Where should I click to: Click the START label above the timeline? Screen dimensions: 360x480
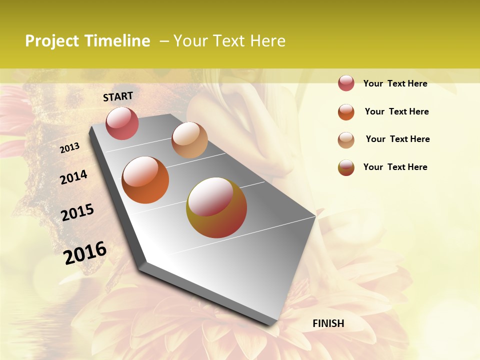(x=118, y=96)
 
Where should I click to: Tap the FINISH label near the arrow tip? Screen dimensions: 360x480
(x=328, y=323)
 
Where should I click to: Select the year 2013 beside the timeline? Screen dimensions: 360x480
(x=70, y=148)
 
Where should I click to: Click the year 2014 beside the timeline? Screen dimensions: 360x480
(x=74, y=177)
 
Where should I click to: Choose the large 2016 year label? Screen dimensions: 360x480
(x=85, y=252)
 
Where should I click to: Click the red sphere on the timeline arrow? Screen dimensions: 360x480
(x=122, y=123)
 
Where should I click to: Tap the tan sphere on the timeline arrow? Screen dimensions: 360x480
(x=189, y=140)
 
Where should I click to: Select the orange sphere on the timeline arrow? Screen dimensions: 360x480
(x=145, y=180)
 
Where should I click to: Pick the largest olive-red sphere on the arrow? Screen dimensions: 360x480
(x=216, y=207)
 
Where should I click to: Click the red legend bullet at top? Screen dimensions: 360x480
(x=346, y=83)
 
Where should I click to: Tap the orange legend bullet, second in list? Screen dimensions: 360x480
(x=346, y=111)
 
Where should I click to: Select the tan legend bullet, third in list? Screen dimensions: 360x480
(x=346, y=139)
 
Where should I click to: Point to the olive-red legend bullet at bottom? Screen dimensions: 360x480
(x=346, y=167)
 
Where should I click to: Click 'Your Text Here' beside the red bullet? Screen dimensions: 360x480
(x=395, y=83)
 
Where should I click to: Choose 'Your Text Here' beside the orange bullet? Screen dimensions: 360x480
(x=396, y=111)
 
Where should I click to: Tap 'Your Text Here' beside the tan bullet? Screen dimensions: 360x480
(x=397, y=139)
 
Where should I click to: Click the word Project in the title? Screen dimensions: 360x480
(x=52, y=41)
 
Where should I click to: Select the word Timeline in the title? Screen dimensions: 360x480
(x=117, y=41)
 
